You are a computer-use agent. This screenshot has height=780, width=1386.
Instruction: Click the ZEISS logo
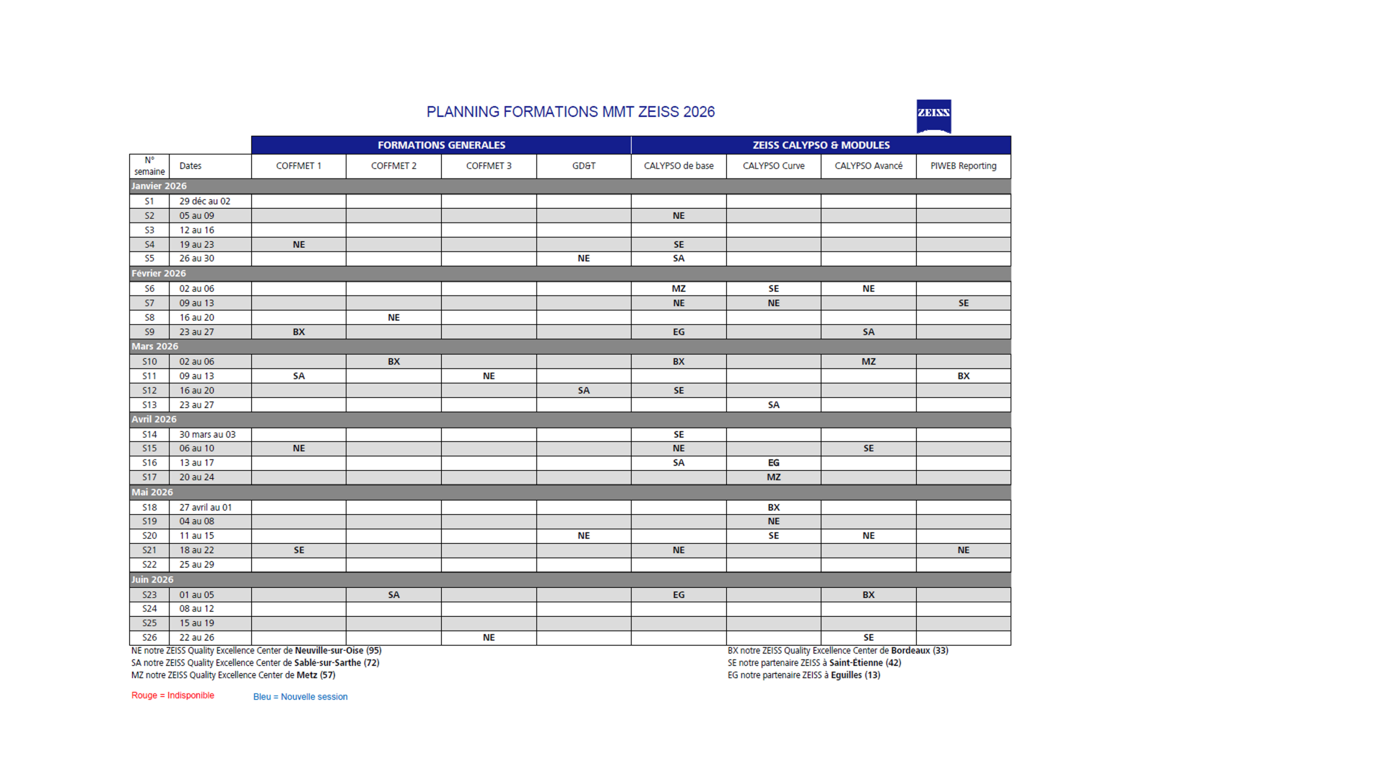click(933, 116)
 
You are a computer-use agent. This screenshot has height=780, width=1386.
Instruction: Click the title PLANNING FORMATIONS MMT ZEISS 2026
click(570, 112)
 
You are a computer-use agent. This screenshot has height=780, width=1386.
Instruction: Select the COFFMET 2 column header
click(393, 166)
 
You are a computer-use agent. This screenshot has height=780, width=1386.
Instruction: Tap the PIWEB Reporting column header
click(963, 166)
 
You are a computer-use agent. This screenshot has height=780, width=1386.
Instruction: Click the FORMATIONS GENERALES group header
click(441, 145)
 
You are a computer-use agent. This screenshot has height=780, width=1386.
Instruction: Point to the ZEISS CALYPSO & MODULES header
click(821, 145)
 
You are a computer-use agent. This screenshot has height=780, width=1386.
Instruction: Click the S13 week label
click(149, 405)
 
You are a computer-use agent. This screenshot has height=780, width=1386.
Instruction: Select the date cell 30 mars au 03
click(207, 435)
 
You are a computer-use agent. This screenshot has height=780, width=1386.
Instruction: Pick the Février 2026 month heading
click(159, 274)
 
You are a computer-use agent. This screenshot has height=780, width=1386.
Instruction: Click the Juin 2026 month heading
click(152, 580)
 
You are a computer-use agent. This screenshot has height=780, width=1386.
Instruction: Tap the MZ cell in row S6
click(679, 289)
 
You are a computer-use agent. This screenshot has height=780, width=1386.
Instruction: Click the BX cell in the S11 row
click(963, 376)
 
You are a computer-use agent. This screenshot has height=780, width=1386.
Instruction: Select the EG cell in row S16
click(773, 463)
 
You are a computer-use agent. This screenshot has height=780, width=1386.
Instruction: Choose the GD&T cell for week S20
click(583, 536)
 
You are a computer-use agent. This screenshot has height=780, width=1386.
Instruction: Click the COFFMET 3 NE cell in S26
click(489, 638)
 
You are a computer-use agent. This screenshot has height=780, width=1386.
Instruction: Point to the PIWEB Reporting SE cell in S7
click(963, 303)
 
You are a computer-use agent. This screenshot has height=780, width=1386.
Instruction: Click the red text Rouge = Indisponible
click(173, 695)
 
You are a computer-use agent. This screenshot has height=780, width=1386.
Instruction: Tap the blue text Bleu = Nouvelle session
click(300, 697)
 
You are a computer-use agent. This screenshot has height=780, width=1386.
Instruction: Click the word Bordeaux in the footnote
click(910, 651)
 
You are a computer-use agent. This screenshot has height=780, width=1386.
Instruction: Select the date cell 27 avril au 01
click(206, 508)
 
